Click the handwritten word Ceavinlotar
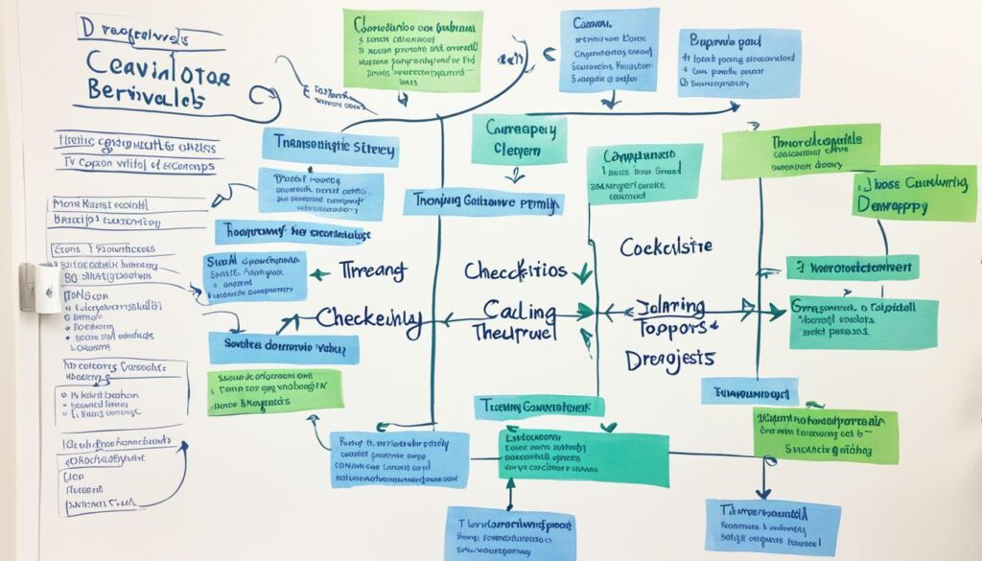coord(157,69)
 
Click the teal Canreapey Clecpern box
coord(518,140)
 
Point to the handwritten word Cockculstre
coord(666,246)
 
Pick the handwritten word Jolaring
coord(670,308)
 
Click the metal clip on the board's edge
coord(40,287)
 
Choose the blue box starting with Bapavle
coord(738,63)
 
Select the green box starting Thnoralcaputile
coord(800,151)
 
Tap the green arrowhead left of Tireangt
coord(318,273)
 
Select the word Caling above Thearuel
coord(519,312)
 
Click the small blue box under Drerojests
coord(749,390)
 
